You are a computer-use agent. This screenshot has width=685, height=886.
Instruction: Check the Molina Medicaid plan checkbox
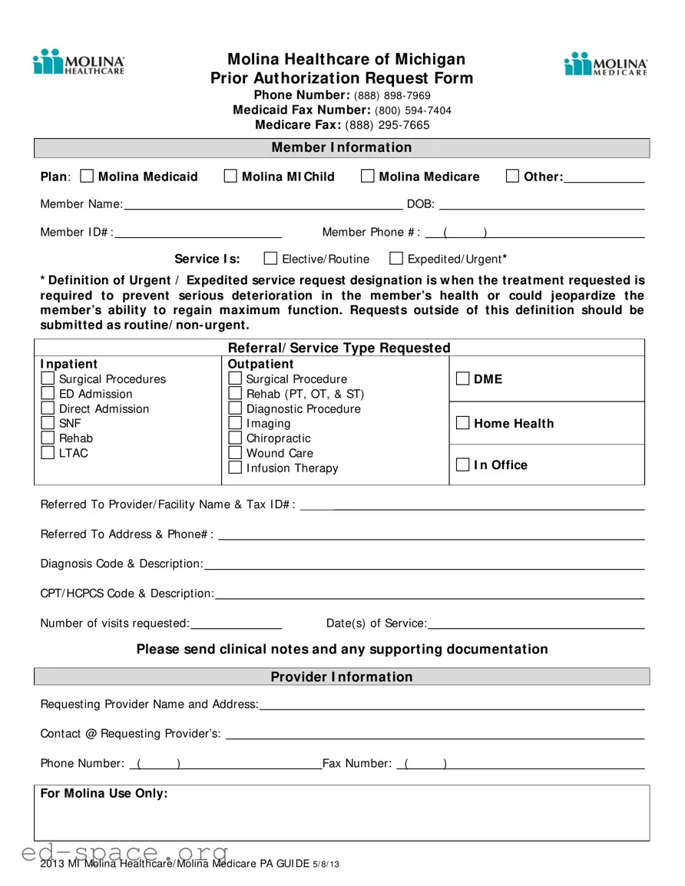click(87, 177)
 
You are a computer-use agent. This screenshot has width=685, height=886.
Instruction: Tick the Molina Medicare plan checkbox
click(368, 177)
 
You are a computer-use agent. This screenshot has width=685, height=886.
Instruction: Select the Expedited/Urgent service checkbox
click(396, 258)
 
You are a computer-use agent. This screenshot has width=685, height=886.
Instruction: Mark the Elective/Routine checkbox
click(270, 258)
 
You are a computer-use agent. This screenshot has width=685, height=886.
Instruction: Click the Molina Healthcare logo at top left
click(78, 62)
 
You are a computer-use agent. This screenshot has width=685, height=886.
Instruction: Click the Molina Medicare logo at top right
click(606, 64)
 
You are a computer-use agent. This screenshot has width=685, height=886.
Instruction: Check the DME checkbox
click(462, 379)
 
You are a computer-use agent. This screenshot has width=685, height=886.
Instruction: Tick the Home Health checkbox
click(462, 423)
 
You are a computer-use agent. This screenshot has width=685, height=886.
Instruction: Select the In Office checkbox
click(462, 464)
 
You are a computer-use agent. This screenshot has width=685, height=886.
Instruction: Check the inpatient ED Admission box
click(48, 394)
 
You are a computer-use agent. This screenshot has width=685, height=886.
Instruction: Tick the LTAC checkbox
click(48, 453)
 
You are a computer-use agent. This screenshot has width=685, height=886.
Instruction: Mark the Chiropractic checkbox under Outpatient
click(235, 438)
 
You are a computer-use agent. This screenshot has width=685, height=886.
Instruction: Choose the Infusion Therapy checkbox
click(235, 468)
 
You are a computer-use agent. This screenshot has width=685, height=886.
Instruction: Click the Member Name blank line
click(263, 204)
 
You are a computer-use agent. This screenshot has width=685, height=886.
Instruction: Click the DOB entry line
click(541, 204)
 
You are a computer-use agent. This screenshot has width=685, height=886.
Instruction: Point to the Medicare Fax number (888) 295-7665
click(387, 125)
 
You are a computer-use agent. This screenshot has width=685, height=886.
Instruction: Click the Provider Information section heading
click(342, 676)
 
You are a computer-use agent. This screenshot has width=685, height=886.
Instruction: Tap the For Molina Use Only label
click(104, 793)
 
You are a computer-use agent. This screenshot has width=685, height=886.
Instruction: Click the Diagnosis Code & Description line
click(423, 564)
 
